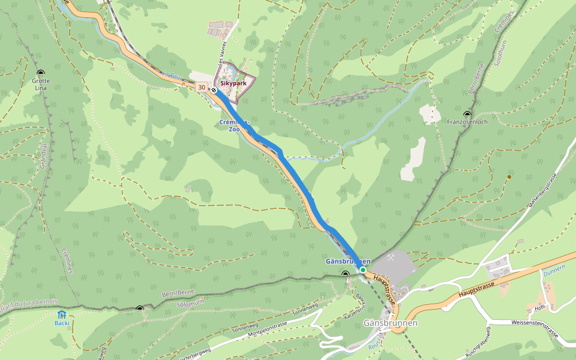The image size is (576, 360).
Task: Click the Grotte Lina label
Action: click(40, 84)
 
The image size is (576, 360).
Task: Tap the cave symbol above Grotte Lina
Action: click(40, 73)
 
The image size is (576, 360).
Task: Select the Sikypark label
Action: click(234, 85)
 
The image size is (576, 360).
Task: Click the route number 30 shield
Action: click(201, 88)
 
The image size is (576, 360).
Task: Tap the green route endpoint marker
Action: click(363, 270)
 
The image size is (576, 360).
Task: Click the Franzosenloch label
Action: click(467, 122)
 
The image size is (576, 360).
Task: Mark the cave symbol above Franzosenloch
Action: click(467, 113)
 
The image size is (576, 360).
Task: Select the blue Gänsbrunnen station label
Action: click(348, 262)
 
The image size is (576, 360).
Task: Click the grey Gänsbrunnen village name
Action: click(390, 323)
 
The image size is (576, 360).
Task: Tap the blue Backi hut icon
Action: click(62, 314)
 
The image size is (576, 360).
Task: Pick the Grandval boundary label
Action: click(44, 155)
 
